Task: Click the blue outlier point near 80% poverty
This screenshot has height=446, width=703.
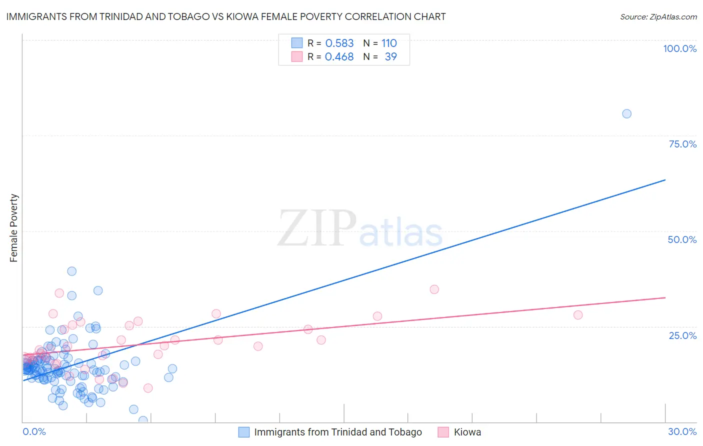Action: (626, 113)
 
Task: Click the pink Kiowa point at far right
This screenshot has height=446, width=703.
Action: (578, 315)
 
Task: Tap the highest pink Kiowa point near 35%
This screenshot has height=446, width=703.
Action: (434, 289)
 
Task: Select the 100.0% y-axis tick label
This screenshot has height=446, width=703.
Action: (679, 48)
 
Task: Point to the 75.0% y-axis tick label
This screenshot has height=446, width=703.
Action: (682, 144)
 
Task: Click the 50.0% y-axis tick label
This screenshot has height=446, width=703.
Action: (682, 239)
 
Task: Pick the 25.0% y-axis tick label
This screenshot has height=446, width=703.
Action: (682, 335)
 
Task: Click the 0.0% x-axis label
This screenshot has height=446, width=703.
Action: (34, 431)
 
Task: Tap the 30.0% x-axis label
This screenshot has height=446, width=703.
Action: (682, 431)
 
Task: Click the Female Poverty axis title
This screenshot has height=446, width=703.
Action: (14, 228)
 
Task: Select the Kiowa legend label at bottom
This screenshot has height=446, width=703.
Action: (467, 432)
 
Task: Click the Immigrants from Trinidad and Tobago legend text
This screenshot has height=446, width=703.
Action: (338, 432)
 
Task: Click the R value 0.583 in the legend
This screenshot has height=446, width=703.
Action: (339, 43)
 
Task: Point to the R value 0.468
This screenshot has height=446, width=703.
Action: (339, 57)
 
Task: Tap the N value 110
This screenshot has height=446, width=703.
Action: (389, 43)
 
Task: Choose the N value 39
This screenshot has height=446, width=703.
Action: (390, 57)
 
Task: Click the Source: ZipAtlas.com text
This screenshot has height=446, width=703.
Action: (658, 17)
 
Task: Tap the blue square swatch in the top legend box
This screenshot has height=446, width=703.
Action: (297, 43)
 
